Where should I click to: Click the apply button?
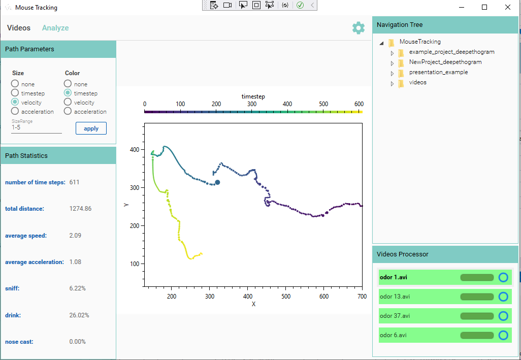(91, 128)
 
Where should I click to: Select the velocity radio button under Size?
(15, 102)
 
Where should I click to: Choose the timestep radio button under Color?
(68, 93)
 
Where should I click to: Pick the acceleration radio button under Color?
(68, 111)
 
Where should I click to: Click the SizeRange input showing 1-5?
(36, 127)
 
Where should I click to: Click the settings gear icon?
(359, 28)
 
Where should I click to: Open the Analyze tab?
(55, 28)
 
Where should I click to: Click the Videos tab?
(19, 28)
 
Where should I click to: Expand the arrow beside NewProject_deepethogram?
(392, 63)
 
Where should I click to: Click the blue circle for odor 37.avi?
(503, 316)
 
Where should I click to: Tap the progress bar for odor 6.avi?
(477, 335)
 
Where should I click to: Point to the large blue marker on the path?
(217, 182)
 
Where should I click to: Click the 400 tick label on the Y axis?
(134, 150)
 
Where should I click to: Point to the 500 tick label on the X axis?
(286, 296)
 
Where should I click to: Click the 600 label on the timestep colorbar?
(359, 104)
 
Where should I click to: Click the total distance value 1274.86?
(80, 209)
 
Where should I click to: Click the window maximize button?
(484, 7)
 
